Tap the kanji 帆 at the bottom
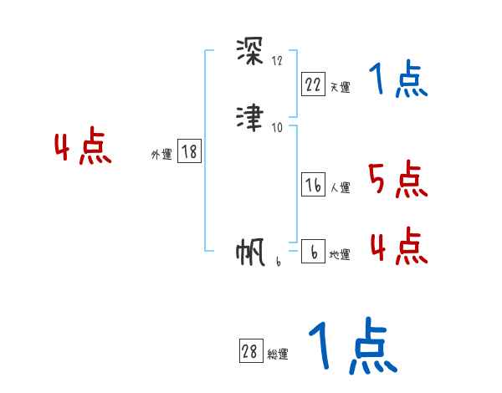tap(250, 252)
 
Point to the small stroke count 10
tap(278, 127)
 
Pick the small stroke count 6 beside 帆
tap(278, 261)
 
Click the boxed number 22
tap(313, 84)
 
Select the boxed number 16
tap(313, 186)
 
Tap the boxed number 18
tap(189, 152)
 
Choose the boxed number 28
tap(249, 352)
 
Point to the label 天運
tap(340, 87)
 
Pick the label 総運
tap(277, 355)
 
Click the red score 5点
tap(397, 181)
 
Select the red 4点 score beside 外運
tap(83, 149)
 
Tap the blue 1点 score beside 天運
tap(397, 81)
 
